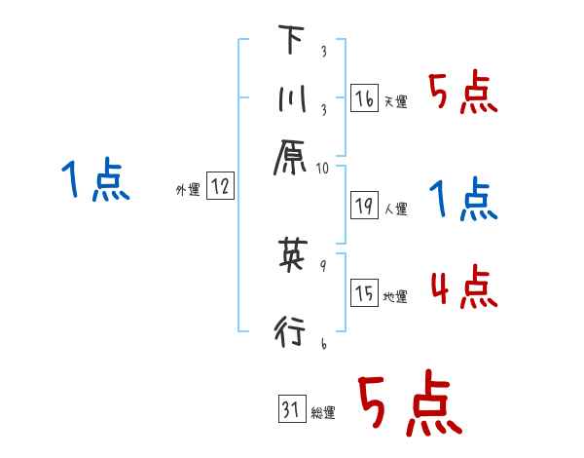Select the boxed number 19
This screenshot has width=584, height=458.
364,205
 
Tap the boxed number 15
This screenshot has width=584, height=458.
364,294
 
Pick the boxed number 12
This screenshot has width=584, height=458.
220,187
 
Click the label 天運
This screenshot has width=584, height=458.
395,101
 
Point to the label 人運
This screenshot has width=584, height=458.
395,209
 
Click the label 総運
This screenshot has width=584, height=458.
322,413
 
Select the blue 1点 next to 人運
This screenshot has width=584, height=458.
463,201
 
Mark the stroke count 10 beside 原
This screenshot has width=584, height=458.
323,168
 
